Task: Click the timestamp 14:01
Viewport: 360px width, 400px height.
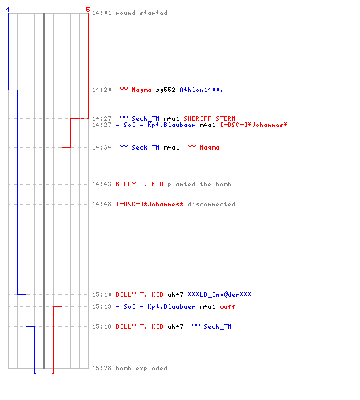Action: (x=102, y=13)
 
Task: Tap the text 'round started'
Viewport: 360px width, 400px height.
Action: (x=142, y=13)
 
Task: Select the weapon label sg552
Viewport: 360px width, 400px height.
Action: (x=166, y=90)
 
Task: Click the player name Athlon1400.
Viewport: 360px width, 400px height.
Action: (x=202, y=90)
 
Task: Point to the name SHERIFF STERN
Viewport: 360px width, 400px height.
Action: (x=210, y=118)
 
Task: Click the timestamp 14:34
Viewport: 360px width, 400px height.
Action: (x=102, y=147)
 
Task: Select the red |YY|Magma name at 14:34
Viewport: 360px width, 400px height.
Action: (x=202, y=147)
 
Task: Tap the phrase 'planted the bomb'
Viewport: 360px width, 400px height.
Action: (x=199, y=184)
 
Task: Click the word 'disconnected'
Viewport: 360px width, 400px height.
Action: (x=212, y=204)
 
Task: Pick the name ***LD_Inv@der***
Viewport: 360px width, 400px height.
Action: (x=219, y=294)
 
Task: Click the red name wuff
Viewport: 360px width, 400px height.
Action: (x=227, y=306)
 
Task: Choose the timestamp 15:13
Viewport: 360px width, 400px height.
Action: (x=102, y=306)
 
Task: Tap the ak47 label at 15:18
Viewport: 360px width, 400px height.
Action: (x=175, y=326)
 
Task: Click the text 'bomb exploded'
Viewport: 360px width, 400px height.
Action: (x=142, y=368)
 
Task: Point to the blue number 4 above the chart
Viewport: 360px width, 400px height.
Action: (x=8, y=10)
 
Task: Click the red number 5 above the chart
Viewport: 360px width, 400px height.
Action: (x=88, y=10)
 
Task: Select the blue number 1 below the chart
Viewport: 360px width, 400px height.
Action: (x=34, y=371)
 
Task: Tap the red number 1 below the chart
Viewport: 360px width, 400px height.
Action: (x=53, y=371)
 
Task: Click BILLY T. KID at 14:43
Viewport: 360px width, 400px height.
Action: (x=139, y=184)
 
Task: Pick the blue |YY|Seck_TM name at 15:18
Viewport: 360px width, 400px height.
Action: (x=210, y=326)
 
